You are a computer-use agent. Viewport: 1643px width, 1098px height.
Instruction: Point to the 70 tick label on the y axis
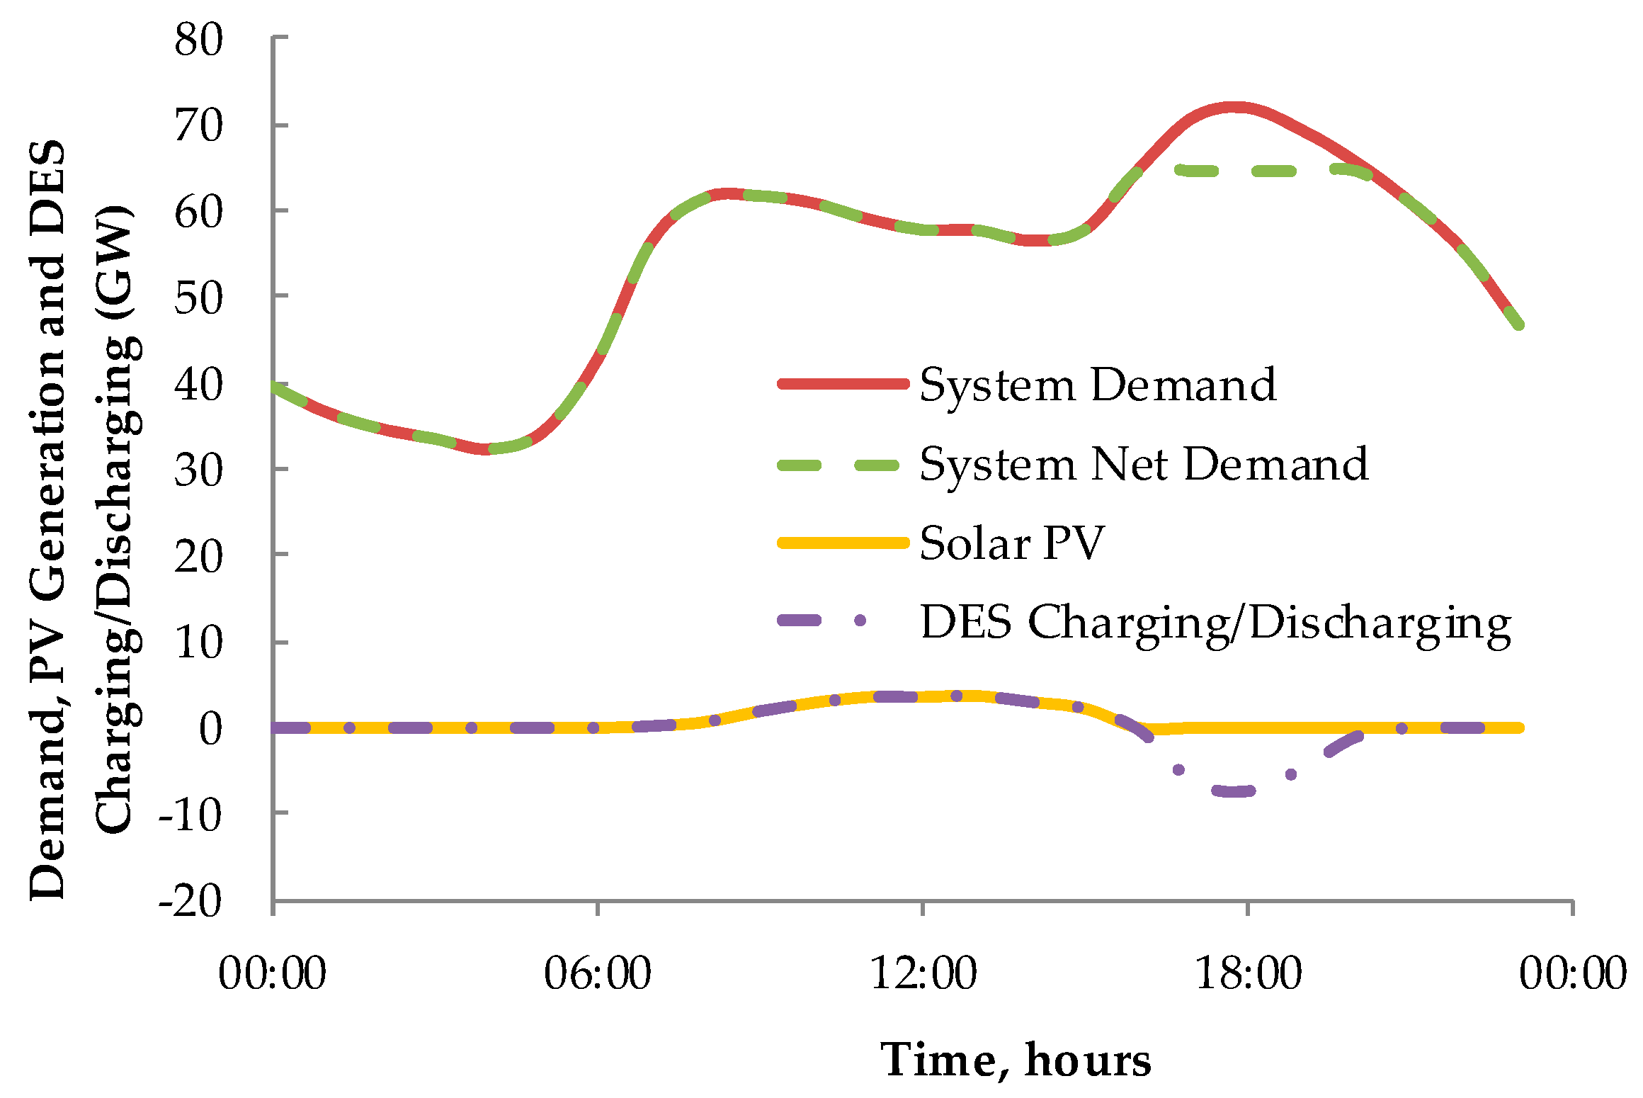tap(198, 127)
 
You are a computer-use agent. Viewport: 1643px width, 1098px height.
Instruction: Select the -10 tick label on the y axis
tap(190, 816)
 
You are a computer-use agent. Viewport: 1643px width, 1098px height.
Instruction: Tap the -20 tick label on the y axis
tap(190, 902)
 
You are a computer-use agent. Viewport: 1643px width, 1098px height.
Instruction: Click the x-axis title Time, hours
tap(1016, 1060)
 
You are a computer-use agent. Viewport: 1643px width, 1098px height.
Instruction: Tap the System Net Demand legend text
tap(1144, 465)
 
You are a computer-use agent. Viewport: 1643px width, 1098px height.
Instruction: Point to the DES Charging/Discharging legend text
tap(1215, 623)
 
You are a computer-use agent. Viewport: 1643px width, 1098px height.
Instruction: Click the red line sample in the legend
tap(843, 384)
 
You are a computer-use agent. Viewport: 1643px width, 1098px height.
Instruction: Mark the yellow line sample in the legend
tap(843, 543)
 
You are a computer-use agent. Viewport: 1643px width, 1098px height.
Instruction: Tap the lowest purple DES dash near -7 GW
tap(1234, 791)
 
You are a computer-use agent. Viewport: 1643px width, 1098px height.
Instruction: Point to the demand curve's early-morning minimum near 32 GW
tap(485, 449)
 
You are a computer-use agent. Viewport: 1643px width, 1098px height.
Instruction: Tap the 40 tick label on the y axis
tap(198, 386)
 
